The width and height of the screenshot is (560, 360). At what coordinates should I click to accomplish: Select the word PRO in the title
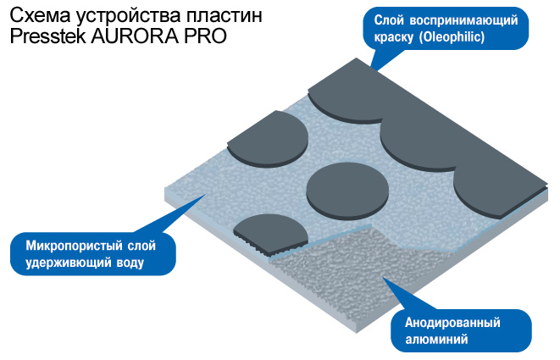[x=203, y=38]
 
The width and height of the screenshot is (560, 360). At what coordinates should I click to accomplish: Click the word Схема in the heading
[x=36, y=15]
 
